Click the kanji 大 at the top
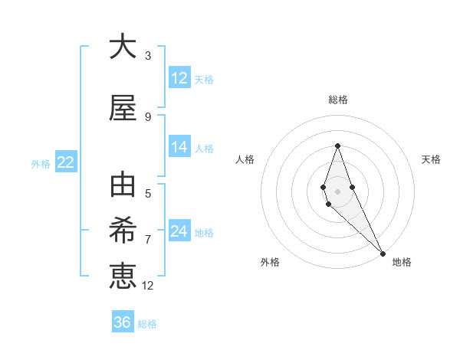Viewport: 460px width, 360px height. [x=123, y=47]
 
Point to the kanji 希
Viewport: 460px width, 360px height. [x=123, y=230]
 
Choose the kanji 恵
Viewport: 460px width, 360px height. [x=123, y=273]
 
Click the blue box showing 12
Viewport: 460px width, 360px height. [x=179, y=78]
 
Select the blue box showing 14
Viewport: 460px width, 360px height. [x=179, y=147]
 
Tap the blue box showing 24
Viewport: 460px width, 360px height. [x=179, y=231]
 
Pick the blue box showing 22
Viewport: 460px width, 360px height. [x=65, y=162]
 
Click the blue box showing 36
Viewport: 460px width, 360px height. [x=123, y=322]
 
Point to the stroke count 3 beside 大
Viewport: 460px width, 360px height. [x=148, y=55]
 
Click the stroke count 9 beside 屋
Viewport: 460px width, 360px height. [x=148, y=116]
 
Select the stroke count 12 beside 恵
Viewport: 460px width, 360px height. [x=148, y=286]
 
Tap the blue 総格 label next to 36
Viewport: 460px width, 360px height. [x=147, y=324]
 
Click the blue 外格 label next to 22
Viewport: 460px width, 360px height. [x=41, y=163]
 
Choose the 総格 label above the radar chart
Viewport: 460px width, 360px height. [x=337, y=100]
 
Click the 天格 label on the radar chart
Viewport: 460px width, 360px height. [x=431, y=159]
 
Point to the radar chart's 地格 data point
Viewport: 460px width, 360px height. [x=383, y=253]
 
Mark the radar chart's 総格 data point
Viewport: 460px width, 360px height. [x=337, y=146]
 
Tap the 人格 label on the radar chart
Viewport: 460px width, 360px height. [x=245, y=159]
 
